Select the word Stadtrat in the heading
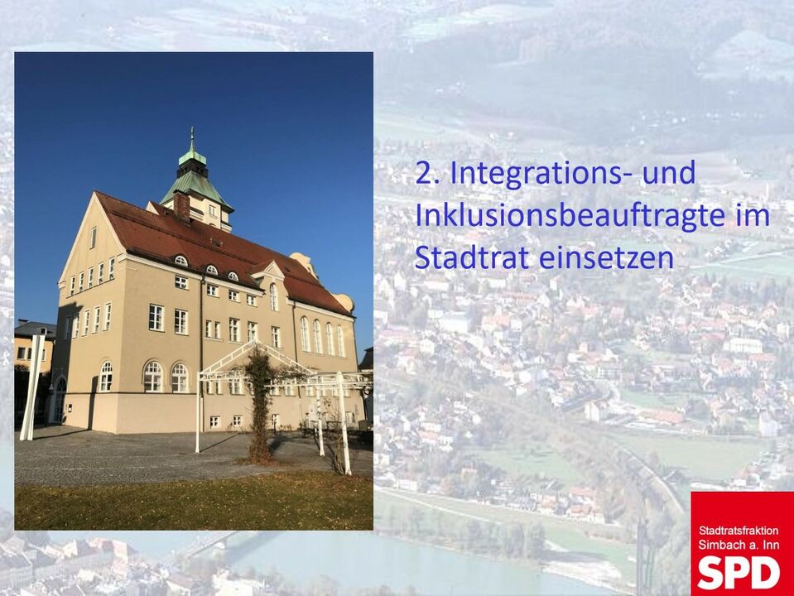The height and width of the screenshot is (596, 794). [x=471, y=257]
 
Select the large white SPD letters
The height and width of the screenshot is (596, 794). [x=739, y=573]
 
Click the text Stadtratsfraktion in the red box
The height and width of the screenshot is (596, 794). [x=739, y=531]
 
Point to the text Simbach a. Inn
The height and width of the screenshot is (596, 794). [x=739, y=545]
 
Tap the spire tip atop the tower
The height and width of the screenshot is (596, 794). [x=192, y=130]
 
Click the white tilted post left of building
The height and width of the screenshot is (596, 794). [x=33, y=387]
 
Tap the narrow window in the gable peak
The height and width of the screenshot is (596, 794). [x=94, y=238]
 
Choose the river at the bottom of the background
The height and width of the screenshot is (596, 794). [x=385, y=562]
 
